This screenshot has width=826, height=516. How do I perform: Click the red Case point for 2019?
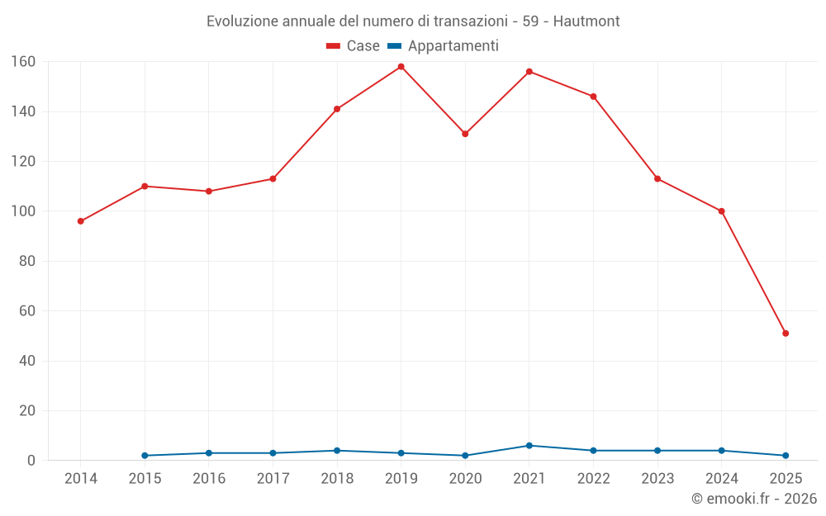tap(401, 67)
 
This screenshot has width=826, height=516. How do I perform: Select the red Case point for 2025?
tap(786, 334)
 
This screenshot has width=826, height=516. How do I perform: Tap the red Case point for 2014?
tap(81, 221)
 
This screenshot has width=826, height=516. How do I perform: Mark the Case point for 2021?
tap(529, 72)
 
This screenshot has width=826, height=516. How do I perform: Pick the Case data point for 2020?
tap(465, 134)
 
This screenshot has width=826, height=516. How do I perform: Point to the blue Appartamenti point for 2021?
tap(529, 446)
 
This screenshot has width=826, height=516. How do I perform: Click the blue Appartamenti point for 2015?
tap(145, 456)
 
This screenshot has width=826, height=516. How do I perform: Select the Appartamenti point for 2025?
tap(786, 456)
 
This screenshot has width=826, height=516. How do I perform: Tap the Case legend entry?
tap(354, 46)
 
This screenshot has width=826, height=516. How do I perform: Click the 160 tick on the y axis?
tap(22, 62)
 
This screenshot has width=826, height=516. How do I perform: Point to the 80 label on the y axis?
tap(26, 262)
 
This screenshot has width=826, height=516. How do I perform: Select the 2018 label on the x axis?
tap(337, 479)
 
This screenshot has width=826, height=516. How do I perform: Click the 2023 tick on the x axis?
tap(657, 479)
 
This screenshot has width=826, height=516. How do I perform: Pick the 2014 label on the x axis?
tap(81, 479)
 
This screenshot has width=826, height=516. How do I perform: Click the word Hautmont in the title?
tap(586, 21)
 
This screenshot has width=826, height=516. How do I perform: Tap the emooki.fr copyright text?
tap(753, 499)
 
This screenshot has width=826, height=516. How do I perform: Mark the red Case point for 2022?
tap(593, 97)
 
